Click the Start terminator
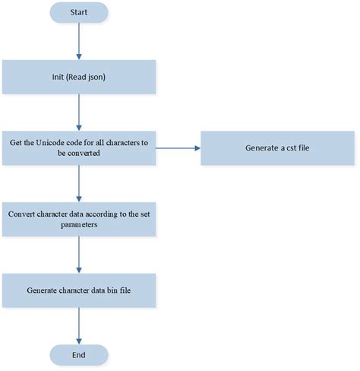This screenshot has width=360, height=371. click(x=79, y=12)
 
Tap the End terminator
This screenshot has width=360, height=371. click(x=79, y=354)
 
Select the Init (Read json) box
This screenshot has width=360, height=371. click(x=79, y=77)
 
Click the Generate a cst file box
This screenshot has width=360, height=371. click(x=277, y=147)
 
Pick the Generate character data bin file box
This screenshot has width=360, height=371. click(x=79, y=290)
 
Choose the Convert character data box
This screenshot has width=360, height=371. click(x=79, y=219)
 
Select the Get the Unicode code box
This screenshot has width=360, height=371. click(x=79, y=147)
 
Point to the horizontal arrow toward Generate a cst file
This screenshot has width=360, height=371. click(x=178, y=147)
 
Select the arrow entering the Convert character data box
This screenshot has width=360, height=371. click(x=79, y=183)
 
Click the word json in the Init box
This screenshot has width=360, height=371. click(x=103, y=78)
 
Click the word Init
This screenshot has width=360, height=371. click(x=55, y=78)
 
